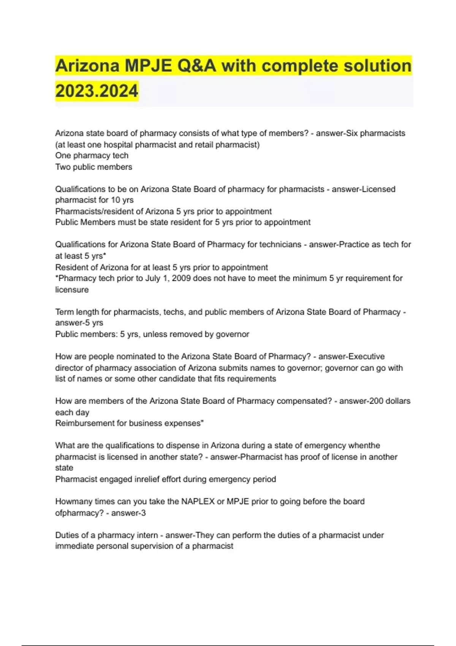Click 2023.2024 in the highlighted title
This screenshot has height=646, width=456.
click(x=97, y=91)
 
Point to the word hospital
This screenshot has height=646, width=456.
click(x=123, y=145)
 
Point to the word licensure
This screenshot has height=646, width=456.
click(x=72, y=290)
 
